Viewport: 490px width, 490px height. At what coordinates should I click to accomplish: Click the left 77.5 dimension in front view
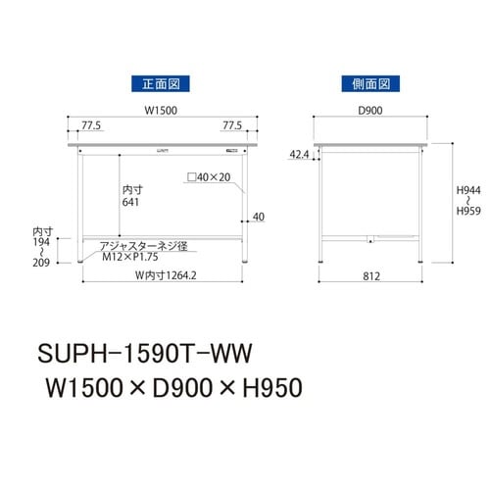[93, 126]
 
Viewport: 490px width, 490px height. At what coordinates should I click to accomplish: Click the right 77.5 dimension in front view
[232, 126]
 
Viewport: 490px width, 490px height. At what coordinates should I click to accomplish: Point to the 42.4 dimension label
[301, 154]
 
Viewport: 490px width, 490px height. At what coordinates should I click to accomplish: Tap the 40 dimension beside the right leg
[259, 217]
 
